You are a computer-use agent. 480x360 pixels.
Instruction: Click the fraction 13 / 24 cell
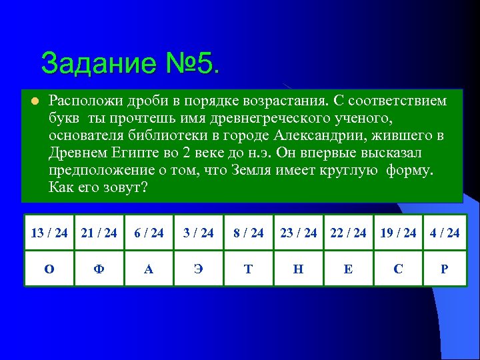point(49,233)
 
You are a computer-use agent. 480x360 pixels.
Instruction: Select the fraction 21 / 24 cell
point(99,233)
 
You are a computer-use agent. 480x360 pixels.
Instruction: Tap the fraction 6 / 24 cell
point(149,233)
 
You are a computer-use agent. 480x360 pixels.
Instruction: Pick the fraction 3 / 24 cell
point(199,233)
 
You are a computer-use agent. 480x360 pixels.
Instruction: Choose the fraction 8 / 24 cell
point(249,233)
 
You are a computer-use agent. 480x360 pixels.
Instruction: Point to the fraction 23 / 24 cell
point(299,233)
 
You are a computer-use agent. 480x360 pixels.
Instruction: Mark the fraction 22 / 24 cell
point(349,233)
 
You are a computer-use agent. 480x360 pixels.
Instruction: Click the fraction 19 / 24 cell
point(398,233)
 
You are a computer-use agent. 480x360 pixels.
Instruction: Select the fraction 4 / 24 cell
point(445,233)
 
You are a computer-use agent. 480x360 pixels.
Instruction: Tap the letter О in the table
point(49,269)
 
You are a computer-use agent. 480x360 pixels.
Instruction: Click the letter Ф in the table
point(99,269)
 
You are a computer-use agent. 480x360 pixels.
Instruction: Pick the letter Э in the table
point(199,269)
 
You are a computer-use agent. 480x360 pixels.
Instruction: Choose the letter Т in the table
point(249,269)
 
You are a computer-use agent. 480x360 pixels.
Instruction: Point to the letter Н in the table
point(299,269)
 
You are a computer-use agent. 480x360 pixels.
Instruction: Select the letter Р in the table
point(445,269)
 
